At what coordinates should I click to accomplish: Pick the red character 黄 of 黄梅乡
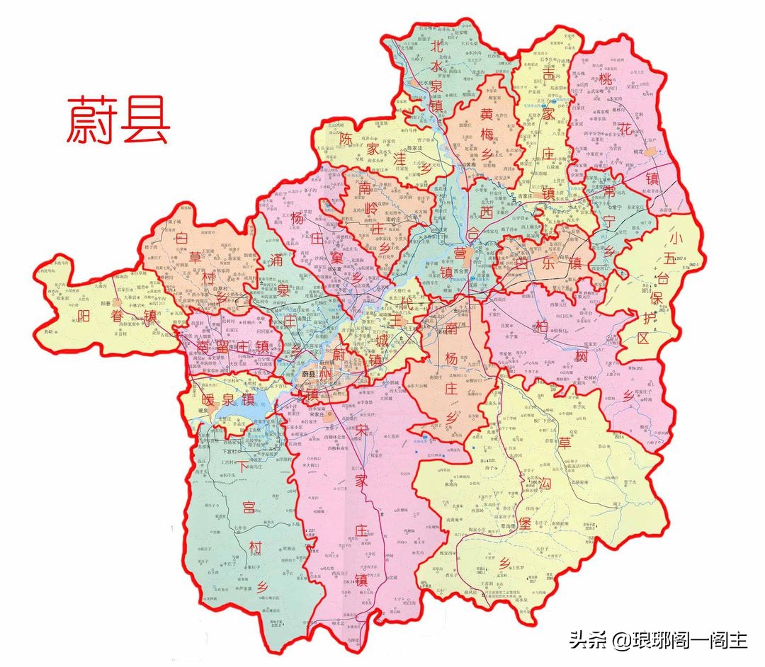pos(487,114)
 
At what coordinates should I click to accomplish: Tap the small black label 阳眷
pos(107,302)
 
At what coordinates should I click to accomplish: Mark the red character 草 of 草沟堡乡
pos(565,443)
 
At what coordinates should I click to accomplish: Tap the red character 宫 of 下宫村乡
pos(249,507)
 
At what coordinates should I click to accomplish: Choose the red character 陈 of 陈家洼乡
pos(345,138)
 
